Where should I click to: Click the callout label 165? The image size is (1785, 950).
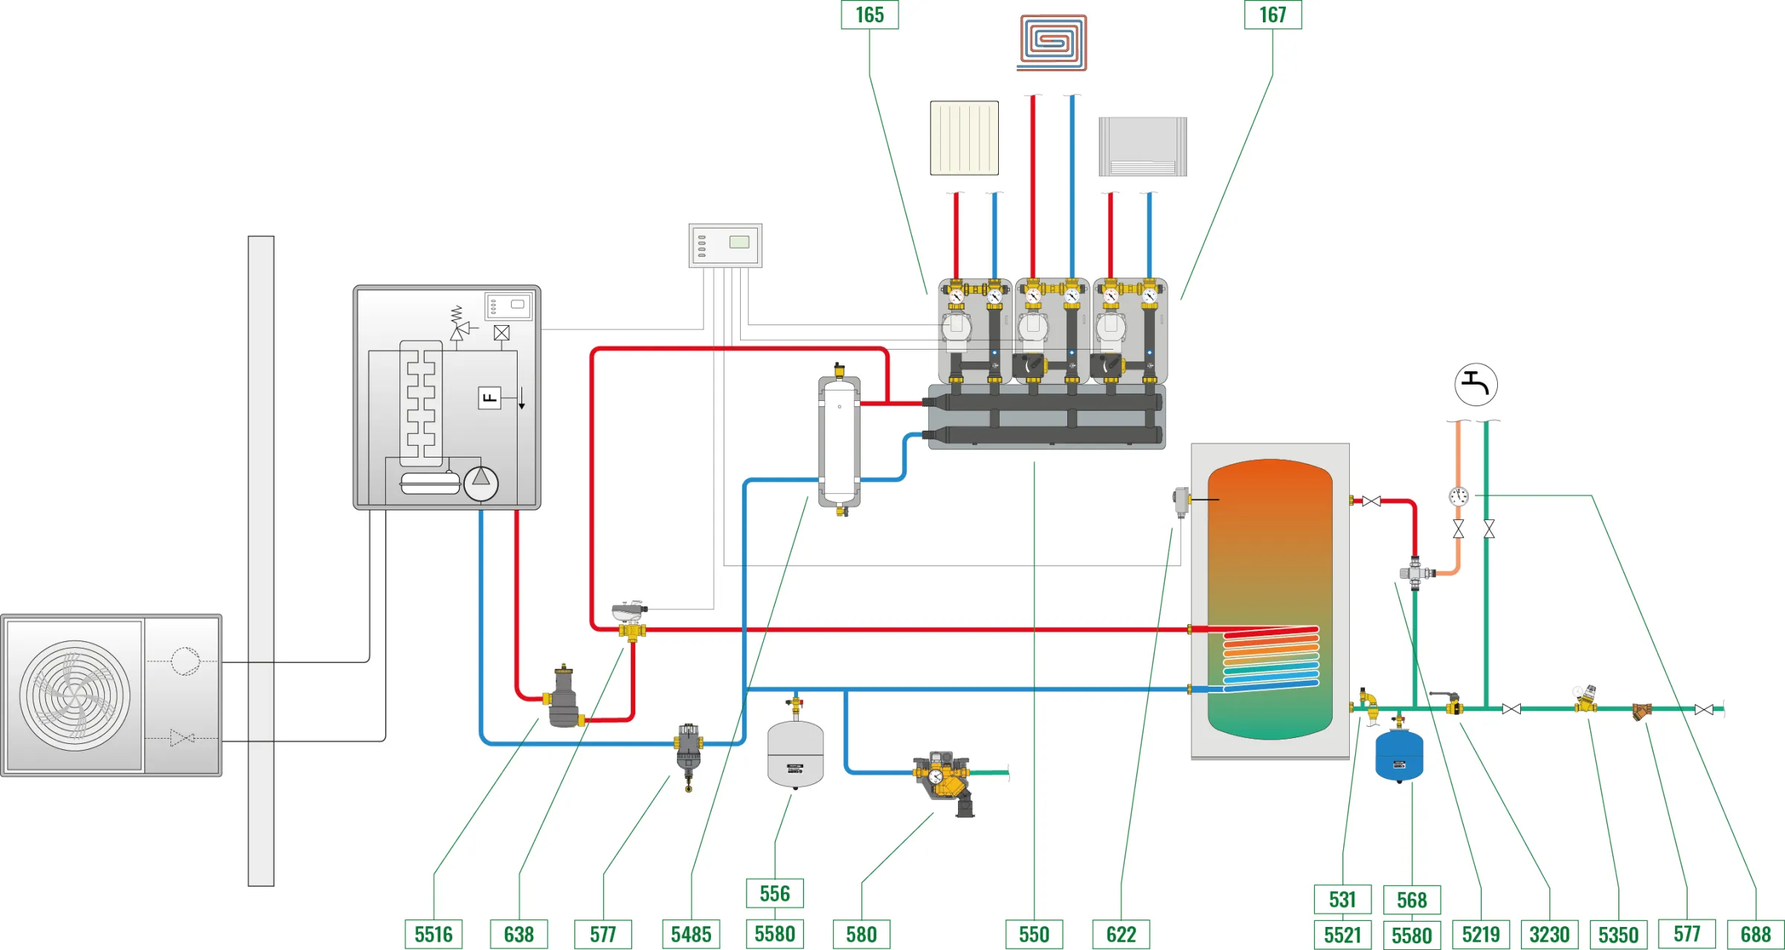pyautogui.click(x=869, y=15)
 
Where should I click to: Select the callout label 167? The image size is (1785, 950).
pyautogui.click(x=1273, y=15)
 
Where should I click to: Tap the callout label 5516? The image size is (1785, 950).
pyautogui.click(x=434, y=934)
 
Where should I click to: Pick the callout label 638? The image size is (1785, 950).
pyautogui.click(x=519, y=934)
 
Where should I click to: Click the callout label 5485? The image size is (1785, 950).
pyautogui.click(x=691, y=934)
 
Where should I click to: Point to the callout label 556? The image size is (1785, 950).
pyautogui.click(x=775, y=893)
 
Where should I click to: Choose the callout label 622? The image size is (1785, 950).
pyautogui.click(x=1121, y=934)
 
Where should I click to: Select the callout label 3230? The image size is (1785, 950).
pyautogui.click(x=1549, y=934)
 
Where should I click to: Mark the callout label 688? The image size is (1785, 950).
pyautogui.click(x=1755, y=934)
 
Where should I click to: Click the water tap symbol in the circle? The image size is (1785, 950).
pyautogui.click(x=1476, y=385)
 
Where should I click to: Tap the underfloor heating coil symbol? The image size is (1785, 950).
pyautogui.click(x=1052, y=42)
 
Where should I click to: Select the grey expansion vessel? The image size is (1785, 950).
pyautogui.click(x=795, y=754)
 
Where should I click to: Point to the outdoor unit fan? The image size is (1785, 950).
pyautogui.click(x=74, y=696)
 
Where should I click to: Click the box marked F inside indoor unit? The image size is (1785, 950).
pyautogui.click(x=489, y=398)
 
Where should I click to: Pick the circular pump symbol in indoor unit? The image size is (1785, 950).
pyautogui.click(x=480, y=483)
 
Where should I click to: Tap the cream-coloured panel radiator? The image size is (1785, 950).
pyautogui.click(x=964, y=138)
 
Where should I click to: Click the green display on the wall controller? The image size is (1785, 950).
pyautogui.click(x=739, y=242)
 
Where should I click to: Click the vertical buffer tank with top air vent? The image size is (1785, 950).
pyautogui.click(x=840, y=443)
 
